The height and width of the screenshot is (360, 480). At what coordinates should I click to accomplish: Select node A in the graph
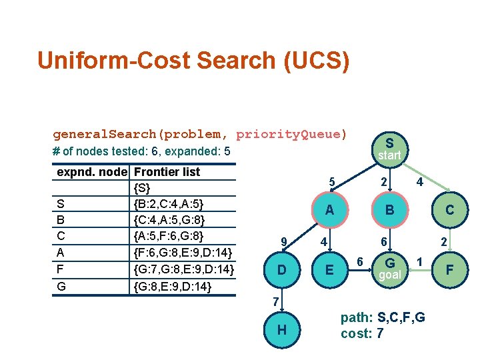pos(329,210)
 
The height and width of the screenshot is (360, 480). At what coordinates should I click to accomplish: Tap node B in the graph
pos(389,210)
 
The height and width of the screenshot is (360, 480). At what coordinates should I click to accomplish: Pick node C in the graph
pos(450,210)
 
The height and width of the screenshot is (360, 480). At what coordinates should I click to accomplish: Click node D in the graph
pos(282,270)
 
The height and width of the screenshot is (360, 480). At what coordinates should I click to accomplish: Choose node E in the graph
pos(329,270)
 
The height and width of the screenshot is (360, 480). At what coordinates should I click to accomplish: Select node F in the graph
pos(450,270)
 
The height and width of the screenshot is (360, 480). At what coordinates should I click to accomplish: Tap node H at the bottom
pos(282,329)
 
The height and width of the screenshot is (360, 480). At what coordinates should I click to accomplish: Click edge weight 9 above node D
pos(284,241)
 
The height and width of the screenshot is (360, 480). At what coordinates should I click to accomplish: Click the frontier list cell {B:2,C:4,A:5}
pos(169,203)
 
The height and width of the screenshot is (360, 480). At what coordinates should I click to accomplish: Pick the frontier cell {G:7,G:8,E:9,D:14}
pos(183,269)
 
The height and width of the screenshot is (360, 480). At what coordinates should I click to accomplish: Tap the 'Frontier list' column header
pos(167,171)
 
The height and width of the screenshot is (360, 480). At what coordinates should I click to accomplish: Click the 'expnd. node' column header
pos(92,171)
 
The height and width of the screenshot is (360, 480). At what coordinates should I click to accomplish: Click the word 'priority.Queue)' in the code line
pos(291,134)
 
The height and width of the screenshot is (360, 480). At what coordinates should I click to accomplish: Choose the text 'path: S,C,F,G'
pos(382,317)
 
